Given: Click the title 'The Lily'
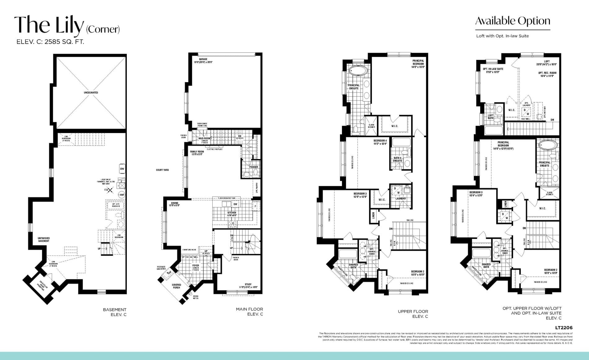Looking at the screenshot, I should [49, 25].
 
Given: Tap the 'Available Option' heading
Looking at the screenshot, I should [512, 21].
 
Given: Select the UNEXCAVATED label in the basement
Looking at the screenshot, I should [91, 92].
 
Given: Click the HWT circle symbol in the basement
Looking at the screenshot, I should [122, 195].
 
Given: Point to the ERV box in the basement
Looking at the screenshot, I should [122, 169].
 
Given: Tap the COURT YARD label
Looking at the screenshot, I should [162, 170].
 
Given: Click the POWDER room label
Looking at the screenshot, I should [253, 167].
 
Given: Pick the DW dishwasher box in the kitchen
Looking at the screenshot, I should [235, 204].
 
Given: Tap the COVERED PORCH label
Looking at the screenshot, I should [176, 286].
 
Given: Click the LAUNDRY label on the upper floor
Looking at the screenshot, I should [401, 198].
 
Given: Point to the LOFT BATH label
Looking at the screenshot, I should [490, 117].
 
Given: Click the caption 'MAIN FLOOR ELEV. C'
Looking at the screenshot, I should [249, 312].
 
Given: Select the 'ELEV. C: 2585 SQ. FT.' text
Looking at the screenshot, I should [50, 42].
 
